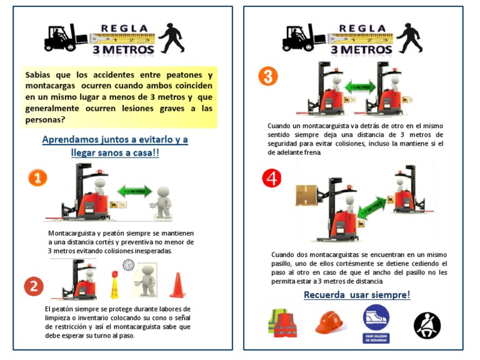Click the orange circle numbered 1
37,178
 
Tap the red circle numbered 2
34,286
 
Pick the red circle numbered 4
272,178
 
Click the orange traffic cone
177,284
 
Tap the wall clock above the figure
128,265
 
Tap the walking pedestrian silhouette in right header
409,37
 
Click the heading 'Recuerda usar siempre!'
357,294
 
